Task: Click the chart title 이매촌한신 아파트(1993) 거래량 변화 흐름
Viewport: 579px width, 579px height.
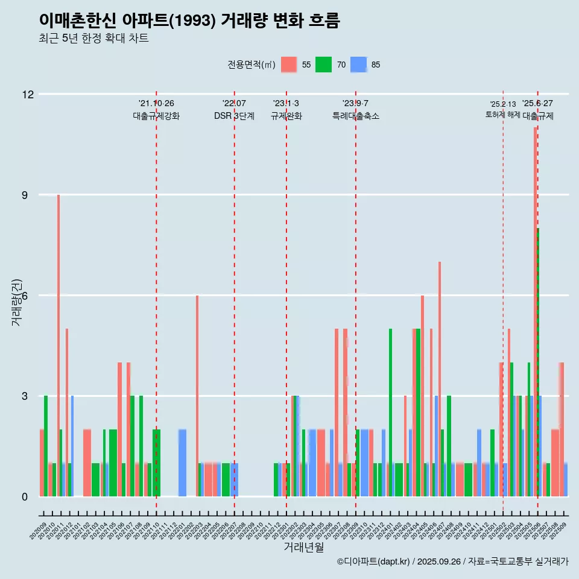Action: [x=189, y=21]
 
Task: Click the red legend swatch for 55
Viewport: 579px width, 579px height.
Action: [x=289, y=65]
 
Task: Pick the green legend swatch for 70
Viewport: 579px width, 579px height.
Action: [x=324, y=65]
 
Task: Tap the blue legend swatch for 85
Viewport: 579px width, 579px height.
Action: [x=359, y=65]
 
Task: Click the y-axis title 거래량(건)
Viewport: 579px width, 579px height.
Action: [x=16, y=302]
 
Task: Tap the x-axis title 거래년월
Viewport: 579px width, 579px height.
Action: [x=304, y=547]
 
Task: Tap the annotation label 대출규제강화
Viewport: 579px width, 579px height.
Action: [x=156, y=116]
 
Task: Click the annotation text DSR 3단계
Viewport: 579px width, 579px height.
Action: [x=234, y=116]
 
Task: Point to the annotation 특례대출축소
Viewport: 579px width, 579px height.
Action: [x=356, y=116]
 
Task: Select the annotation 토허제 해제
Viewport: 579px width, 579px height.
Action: [x=502, y=115]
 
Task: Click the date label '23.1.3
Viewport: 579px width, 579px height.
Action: [x=286, y=104]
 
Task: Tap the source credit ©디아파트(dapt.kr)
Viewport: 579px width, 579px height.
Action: [x=374, y=562]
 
